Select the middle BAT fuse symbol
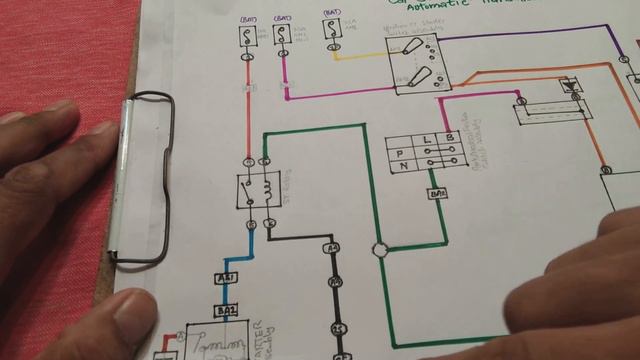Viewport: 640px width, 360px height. click(x=283, y=36)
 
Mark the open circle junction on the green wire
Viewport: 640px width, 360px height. click(x=379, y=249)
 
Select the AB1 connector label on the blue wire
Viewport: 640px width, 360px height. click(x=226, y=277)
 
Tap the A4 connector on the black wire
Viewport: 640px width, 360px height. click(x=333, y=246)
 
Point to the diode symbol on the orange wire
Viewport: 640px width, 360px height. click(x=570, y=86)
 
